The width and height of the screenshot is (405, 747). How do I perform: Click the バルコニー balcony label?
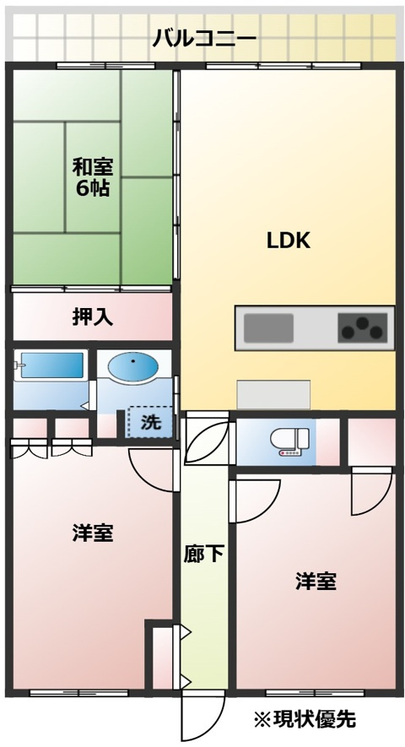(204, 39)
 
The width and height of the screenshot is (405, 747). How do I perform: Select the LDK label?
(289, 241)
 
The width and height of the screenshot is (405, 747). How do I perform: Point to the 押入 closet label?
(93, 317)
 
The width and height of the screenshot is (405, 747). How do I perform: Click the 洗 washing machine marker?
(150, 422)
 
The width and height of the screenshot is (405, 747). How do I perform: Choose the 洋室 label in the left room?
(93, 533)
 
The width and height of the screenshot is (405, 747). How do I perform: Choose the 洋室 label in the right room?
(316, 582)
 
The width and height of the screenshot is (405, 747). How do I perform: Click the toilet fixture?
(289, 441)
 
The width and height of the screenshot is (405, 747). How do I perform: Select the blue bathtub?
(51, 365)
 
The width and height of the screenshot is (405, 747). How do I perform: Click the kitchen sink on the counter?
(268, 328)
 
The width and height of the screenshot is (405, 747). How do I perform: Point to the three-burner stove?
(362, 328)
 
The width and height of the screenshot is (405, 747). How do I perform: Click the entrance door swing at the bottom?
(203, 717)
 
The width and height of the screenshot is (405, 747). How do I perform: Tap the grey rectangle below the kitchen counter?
(273, 394)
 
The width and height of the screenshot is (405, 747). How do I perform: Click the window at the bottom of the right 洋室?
(316, 693)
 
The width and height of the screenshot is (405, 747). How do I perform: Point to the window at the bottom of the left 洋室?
(79, 693)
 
